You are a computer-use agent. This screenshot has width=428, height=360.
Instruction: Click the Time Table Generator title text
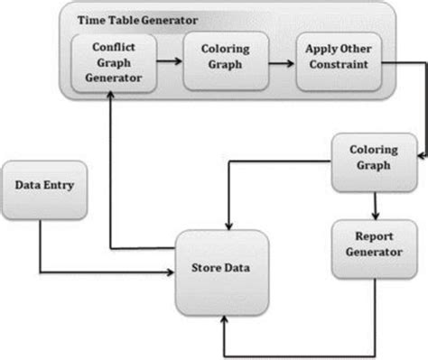[134, 19]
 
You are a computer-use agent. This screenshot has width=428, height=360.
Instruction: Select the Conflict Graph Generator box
[110, 62]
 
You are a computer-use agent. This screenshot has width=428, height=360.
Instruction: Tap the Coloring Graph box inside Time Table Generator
[218, 63]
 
